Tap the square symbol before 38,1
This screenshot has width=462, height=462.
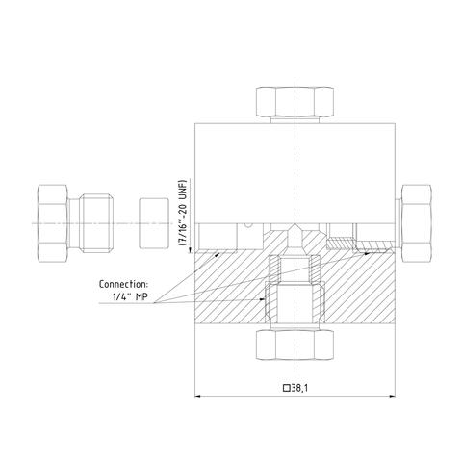(x=286, y=389)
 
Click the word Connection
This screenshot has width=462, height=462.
(x=123, y=285)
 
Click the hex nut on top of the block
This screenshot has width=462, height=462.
(x=295, y=102)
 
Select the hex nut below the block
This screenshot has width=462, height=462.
(x=295, y=344)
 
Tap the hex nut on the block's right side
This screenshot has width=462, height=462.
(x=415, y=222)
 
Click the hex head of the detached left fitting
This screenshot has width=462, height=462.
(x=54, y=221)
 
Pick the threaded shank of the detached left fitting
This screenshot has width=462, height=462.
(x=96, y=221)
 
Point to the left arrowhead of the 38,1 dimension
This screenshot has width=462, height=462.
(x=199, y=395)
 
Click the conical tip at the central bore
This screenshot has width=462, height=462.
(x=295, y=233)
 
